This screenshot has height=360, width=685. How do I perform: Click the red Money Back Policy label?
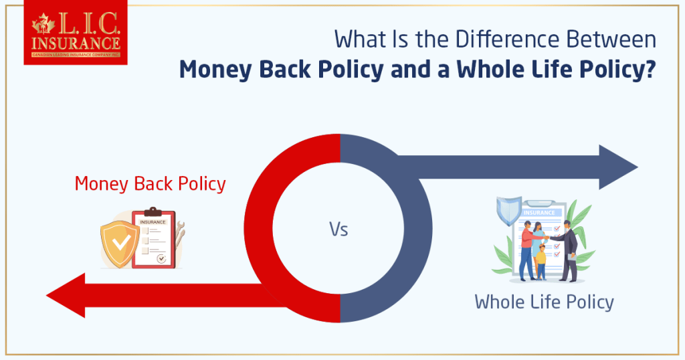pyautogui.click(x=150, y=183)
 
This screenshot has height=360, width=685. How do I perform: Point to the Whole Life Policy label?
pyautogui.click(x=544, y=302)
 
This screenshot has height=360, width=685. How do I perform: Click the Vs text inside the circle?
pyautogui.click(x=338, y=230)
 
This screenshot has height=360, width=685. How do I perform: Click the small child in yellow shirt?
pyautogui.click(x=541, y=260)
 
